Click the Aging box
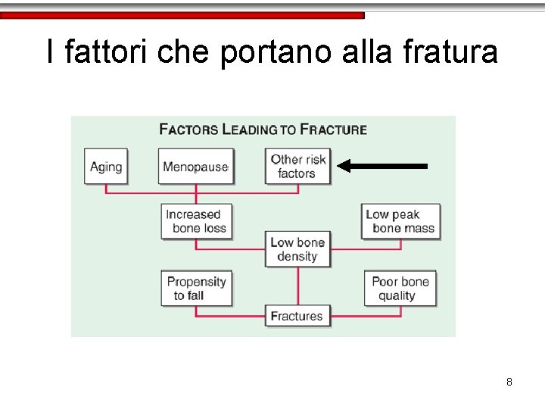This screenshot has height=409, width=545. [106, 167]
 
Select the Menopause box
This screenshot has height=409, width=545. [196, 167]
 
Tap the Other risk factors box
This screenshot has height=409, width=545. [297, 167]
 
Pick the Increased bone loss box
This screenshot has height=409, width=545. [194, 221]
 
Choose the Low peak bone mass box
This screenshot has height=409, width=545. [400, 221]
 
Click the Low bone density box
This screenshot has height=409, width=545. [297, 249]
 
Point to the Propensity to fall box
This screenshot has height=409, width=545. [196, 288]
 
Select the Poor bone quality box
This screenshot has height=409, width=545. [400, 288]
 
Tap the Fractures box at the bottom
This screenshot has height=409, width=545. [297, 316]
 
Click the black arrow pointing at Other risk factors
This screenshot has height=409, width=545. [382, 165]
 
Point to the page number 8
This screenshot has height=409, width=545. [509, 382]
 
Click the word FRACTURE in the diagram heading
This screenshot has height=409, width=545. [334, 130]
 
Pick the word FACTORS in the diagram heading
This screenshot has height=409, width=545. [188, 130]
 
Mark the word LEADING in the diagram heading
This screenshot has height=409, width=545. [249, 130]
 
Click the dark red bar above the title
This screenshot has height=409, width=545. [182, 15]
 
